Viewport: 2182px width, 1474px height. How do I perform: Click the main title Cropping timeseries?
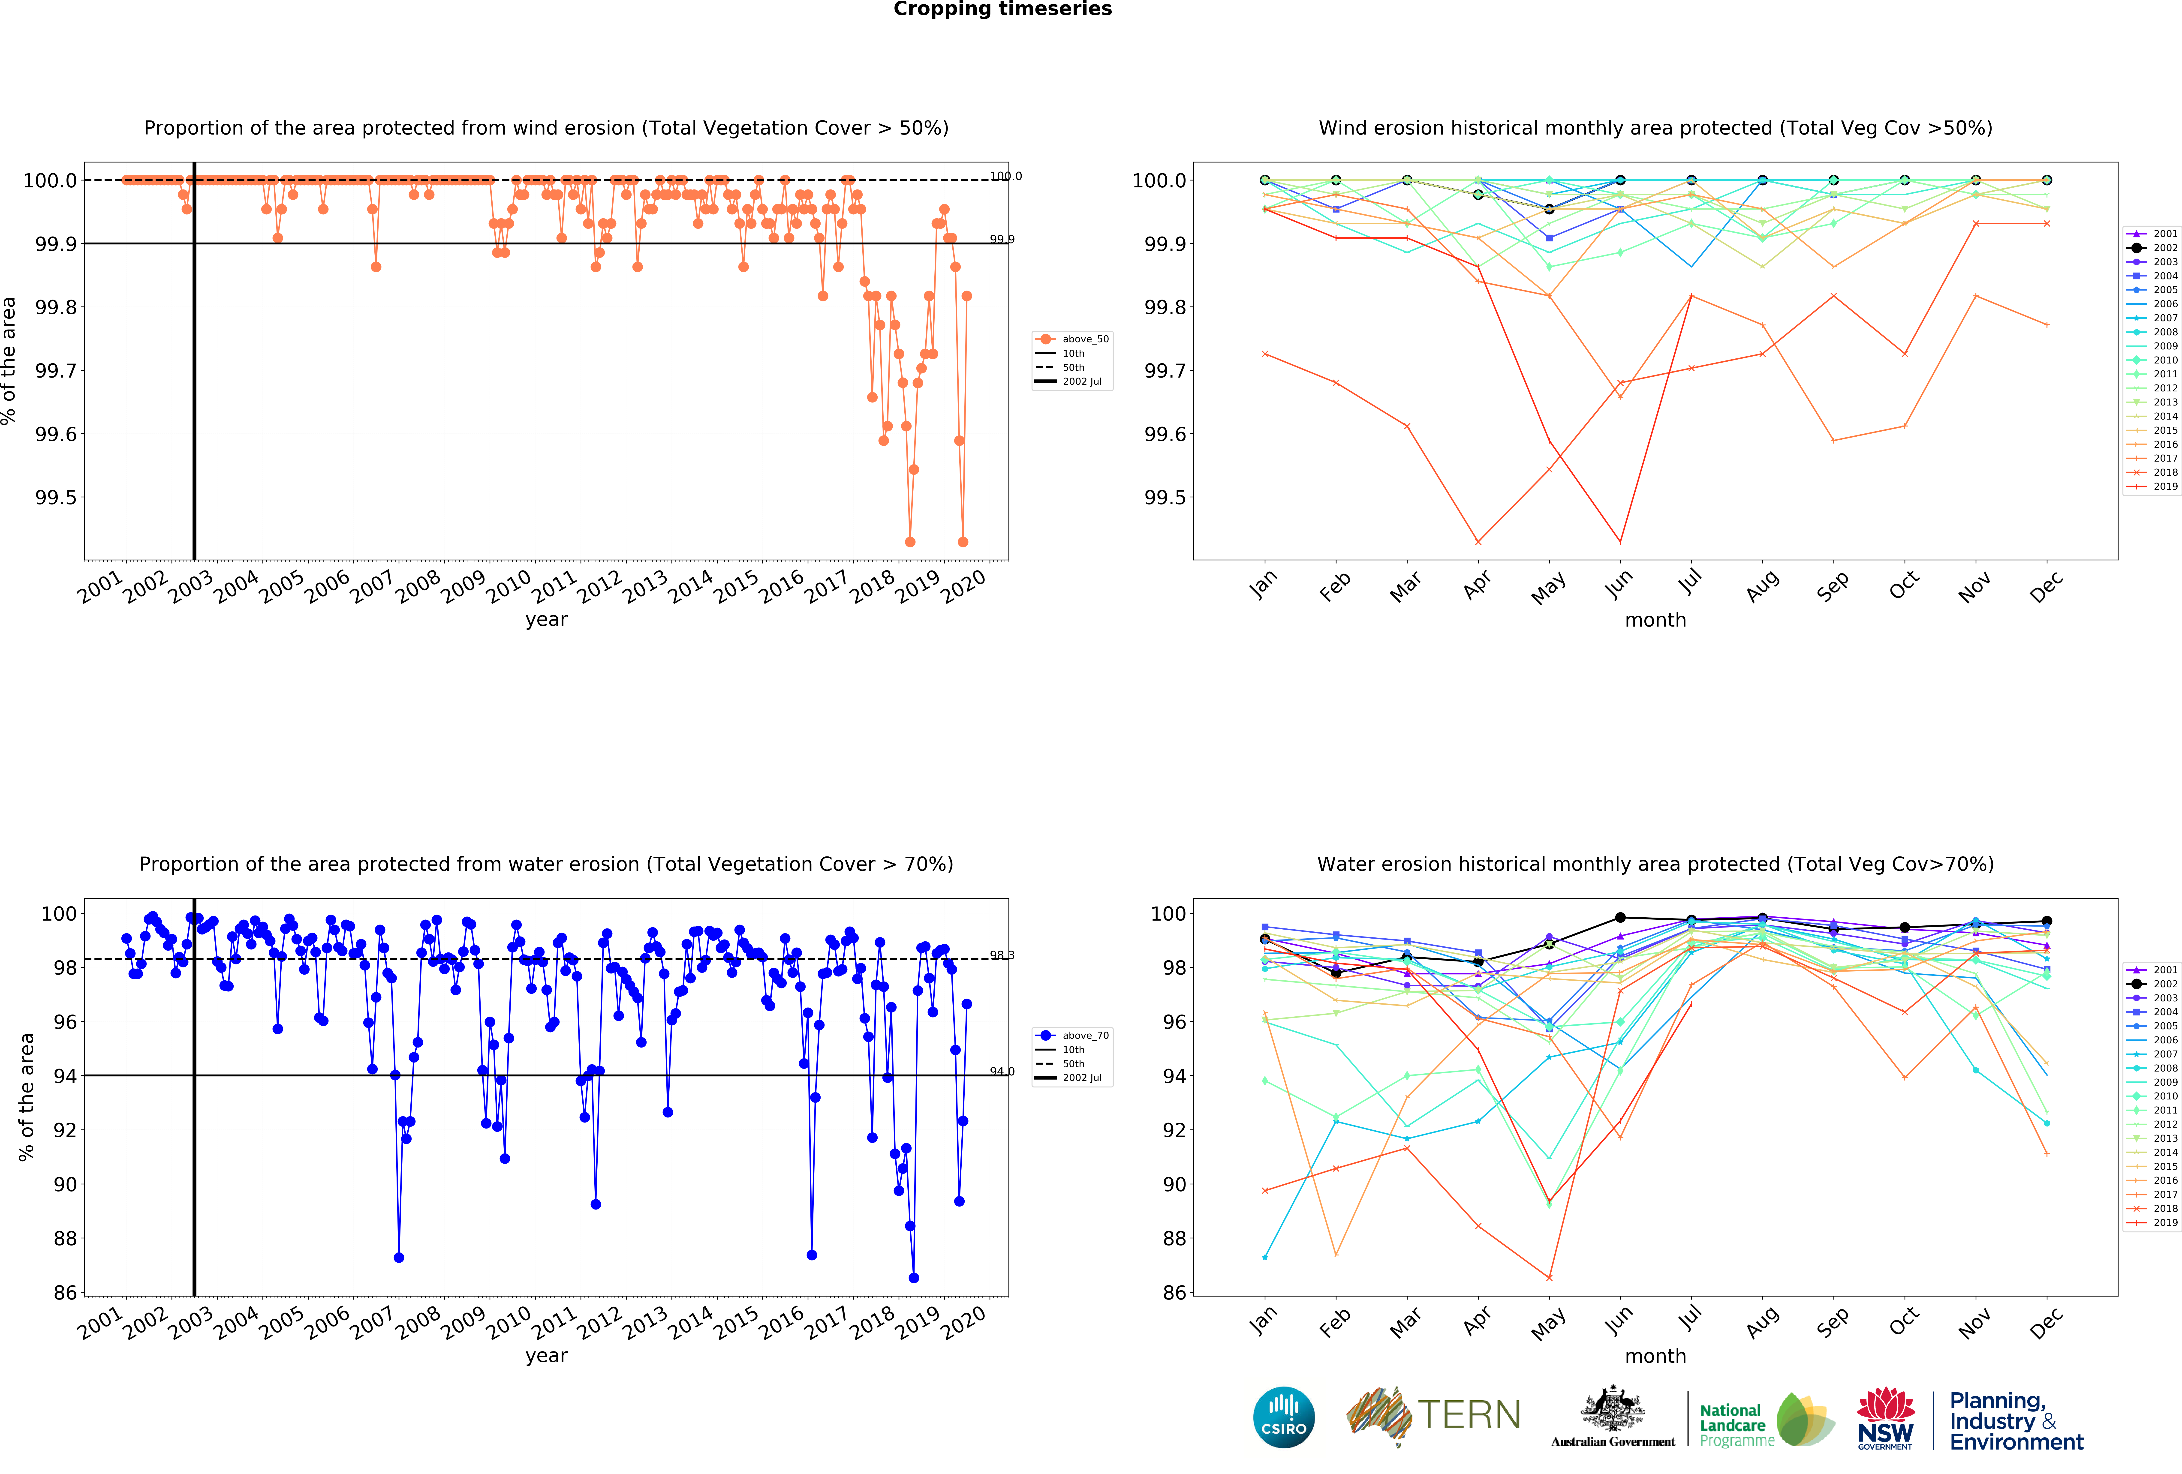pyautogui.click(x=1002, y=9)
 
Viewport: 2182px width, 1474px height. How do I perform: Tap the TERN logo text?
pyautogui.click(x=1469, y=1415)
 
